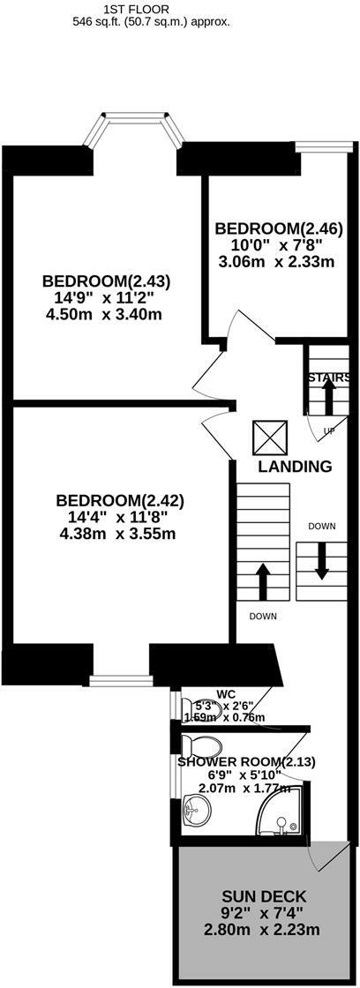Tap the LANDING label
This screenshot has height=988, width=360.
click(x=295, y=467)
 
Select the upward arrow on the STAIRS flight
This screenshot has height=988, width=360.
click(x=327, y=399)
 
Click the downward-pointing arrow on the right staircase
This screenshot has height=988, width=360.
click(x=321, y=562)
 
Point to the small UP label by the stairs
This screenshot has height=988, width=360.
click(x=329, y=431)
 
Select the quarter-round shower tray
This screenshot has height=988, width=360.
click(x=283, y=814)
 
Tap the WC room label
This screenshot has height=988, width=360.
click(x=226, y=693)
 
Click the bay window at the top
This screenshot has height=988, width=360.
click(x=133, y=130)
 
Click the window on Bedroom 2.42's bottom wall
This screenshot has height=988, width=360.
click(x=121, y=680)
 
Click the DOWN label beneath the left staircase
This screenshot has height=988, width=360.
click(x=264, y=616)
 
